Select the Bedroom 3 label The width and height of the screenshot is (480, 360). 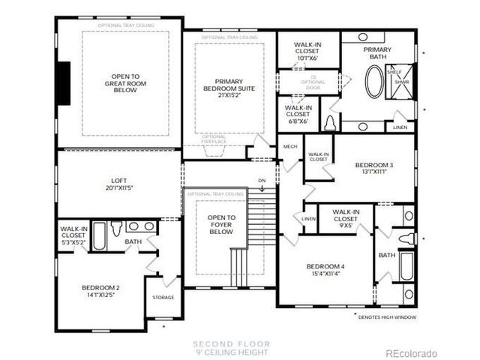tap(374, 168)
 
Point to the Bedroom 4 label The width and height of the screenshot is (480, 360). tap(325, 270)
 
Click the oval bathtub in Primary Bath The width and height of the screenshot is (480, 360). tap(373, 82)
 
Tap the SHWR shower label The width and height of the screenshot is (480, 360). tap(403, 83)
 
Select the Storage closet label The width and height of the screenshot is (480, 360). tap(163, 297)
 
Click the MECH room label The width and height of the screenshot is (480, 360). tap(290, 146)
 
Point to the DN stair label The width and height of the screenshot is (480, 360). tap(261, 181)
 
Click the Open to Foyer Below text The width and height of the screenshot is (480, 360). tap(221, 224)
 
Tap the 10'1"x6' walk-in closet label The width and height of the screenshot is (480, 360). tap(308, 49)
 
